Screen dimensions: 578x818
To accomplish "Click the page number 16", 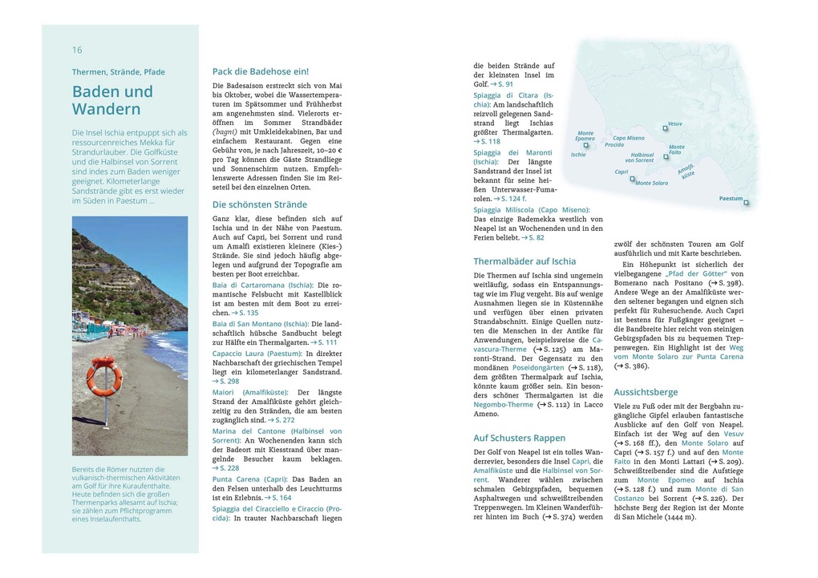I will tap(77, 50).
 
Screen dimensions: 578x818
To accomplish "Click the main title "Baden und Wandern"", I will tap(112, 100).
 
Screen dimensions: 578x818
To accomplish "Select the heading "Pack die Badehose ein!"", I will tap(261, 71).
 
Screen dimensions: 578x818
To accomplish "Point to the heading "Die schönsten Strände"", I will tap(260, 204).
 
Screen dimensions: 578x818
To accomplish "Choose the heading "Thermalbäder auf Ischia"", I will tap(524, 261).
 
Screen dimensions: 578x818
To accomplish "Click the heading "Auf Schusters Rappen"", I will tap(520, 438).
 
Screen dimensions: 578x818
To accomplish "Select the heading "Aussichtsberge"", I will tap(646, 392).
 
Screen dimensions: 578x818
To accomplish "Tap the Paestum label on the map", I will tap(731, 198).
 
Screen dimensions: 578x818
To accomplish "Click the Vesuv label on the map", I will tap(674, 124).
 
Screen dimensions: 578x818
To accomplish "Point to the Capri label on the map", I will tap(622, 172).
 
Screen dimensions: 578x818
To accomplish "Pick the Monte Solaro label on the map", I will tap(651, 183).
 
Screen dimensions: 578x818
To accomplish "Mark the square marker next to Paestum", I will tap(747, 203).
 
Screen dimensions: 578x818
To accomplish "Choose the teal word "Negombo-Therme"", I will tap(503, 405).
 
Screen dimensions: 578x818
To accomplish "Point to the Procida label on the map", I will tap(613, 145).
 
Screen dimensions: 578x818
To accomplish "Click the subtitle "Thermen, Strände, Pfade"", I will tap(119, 71).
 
